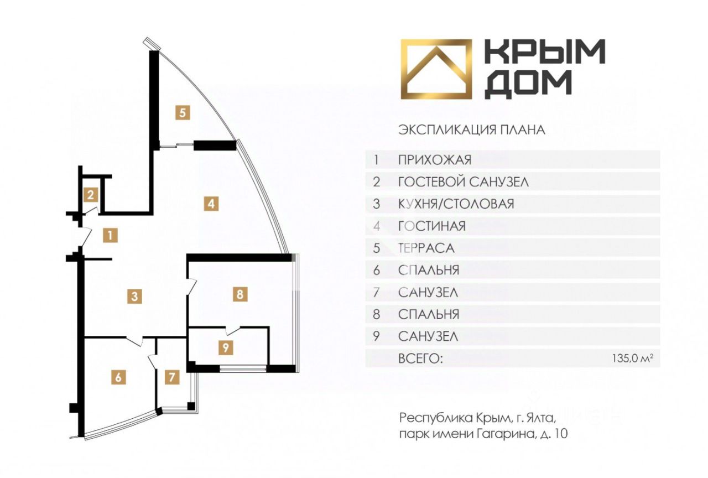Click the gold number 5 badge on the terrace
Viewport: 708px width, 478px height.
(x=183, y=112)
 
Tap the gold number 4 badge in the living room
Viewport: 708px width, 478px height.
(x=211, y=204)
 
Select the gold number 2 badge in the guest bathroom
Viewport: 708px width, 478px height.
(x=91, y=195)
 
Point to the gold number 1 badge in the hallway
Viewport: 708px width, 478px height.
(x=110, y=236)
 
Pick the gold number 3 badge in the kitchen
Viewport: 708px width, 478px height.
(x=134, y=297)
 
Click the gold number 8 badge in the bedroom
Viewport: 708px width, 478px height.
(x=240, y=294)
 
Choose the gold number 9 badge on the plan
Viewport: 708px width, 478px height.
(x=226, y=347)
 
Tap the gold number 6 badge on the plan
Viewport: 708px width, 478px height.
(x=118, y=377)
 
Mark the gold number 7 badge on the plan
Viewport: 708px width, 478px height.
(x=172, y=377)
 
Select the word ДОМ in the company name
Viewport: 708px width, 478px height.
(x=528, y=84)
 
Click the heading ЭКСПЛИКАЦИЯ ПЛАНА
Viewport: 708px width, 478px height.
(x=472, y=130)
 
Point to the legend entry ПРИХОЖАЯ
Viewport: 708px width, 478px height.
(x=435, y=160)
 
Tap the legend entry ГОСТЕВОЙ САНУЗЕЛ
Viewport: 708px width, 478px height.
(x=464, y=182)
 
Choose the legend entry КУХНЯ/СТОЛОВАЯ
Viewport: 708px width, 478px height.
(x=456, y=204)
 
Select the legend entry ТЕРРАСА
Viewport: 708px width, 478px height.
(x=426, y=248)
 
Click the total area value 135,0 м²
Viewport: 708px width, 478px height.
(x=633, y=358)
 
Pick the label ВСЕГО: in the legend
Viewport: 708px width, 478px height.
(x=420, y=359)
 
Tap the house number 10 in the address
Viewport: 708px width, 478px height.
(x=561, y=434)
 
